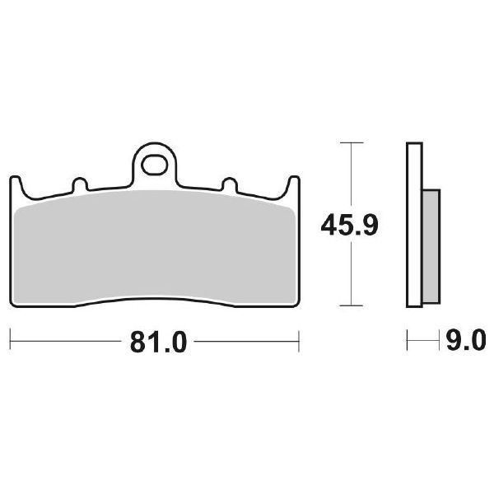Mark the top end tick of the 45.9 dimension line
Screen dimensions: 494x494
pyautogui.click(x=352, y=143)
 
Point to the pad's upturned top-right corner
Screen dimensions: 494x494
pyautogui.click(x=293, y=183)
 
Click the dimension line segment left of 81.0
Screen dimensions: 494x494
pyautogui.click(x=66, y=339)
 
